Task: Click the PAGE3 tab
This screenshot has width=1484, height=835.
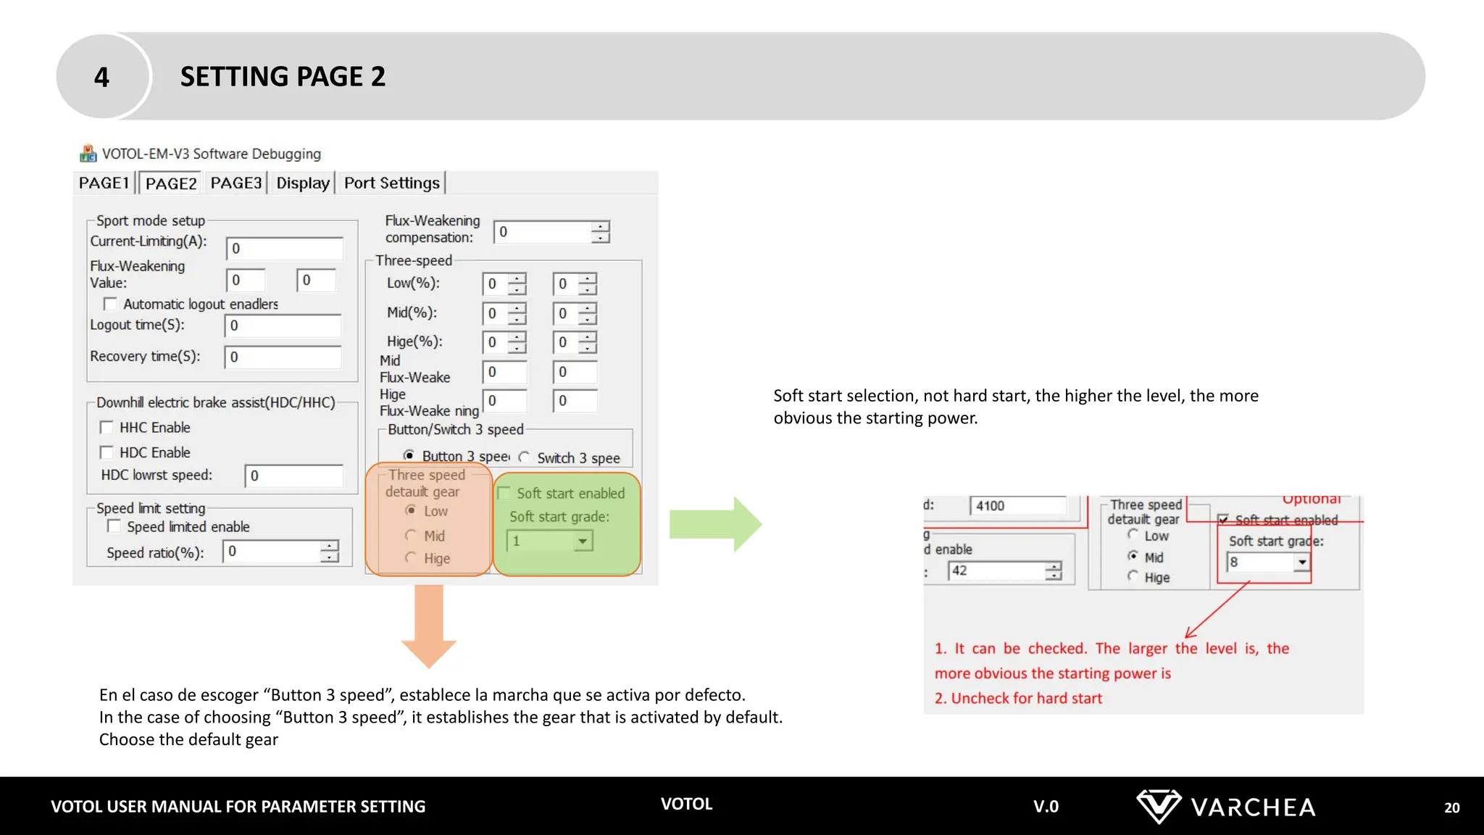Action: (x=235, y=183)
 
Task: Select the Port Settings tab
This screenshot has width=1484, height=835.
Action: (x=391, y=183)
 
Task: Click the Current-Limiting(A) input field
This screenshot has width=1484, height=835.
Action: (x=284, y=249)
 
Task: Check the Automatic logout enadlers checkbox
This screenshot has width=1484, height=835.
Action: (x=110, y=304)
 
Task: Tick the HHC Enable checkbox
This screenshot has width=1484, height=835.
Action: (x=107, y=428)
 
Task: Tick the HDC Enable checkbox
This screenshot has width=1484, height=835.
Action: (x=107, y=452)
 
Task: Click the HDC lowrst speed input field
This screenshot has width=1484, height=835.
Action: (x=293, y=475)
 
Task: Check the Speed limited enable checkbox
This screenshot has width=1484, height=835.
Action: (x=114, y=526)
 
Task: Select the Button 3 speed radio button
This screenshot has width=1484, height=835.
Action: (x=409, y=456)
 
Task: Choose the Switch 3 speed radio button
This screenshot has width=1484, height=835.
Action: (x=524, y=457)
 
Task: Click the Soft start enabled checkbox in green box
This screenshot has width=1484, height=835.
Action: (x=504, y=494)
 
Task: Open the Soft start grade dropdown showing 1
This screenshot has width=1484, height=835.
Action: (x=582, y=541)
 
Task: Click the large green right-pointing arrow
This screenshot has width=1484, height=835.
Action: (x=714, y=524)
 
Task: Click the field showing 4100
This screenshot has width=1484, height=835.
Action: (x=1018, y=506)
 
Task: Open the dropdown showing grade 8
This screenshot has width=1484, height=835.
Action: (x=1302, y=562)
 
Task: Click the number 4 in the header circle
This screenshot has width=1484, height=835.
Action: (x=101, y=77)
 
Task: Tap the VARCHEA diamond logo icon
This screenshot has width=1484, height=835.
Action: (x=1158, y=806)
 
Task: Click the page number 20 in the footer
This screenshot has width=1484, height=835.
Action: (x=1451, y=807)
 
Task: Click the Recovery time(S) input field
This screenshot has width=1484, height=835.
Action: (x=283, y=357)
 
